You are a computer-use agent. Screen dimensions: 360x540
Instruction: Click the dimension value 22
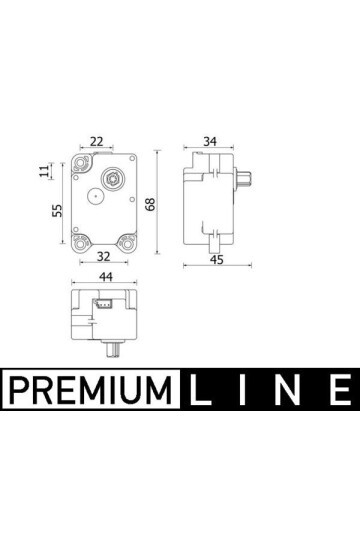click(x=96, y=141)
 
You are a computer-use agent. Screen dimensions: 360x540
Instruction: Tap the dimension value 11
click(x=44, y=171)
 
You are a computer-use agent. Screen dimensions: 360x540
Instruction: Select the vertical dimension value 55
click(x=57, y=210)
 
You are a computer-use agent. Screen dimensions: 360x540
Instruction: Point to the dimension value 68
click(x=151, y=204)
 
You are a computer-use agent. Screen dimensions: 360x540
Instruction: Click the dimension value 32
click(x=103, y=256)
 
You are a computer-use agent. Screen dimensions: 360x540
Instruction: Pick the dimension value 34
click(x=210, y=141)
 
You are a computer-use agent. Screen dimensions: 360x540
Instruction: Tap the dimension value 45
click(x=217, y=259)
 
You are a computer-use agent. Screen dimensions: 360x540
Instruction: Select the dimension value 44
click(x=106, y=277)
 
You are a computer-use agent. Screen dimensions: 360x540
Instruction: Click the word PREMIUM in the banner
click(x=91, y=390)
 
